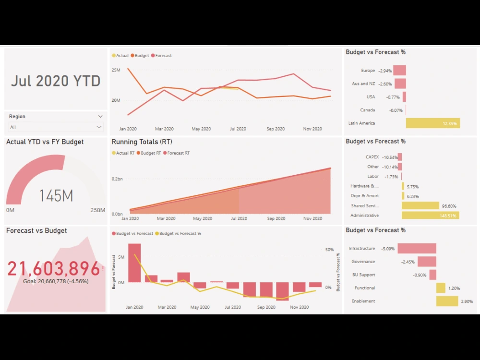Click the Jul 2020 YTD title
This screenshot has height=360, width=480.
(x=56, y=81)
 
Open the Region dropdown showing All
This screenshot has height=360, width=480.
(x=56, y=127)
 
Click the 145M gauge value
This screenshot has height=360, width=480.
(x=56, y=196)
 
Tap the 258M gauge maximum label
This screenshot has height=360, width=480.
(x=98, y=210)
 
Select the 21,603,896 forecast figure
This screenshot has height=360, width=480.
(x=54, y=269)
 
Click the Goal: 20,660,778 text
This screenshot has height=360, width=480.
(x=56, y=281)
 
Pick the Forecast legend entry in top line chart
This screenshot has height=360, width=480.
(x=161, y=56)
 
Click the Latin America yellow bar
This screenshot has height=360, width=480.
(x=432, y=123)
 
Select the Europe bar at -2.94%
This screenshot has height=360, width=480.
(x=399, y=71)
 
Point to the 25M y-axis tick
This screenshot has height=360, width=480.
(x=116, y=70)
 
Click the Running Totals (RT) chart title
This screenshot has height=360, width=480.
(x=142, y=142)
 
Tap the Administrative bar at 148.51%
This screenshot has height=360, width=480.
(x=430, y=216)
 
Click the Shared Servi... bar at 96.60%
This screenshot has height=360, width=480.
(x=420, y=206)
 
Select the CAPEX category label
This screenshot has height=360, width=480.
(x=372, y=157)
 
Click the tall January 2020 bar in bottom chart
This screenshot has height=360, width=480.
(x=134, y=263)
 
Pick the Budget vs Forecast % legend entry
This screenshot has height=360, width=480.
(x=180, y=234)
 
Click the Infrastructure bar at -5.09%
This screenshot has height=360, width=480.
(x=416, y=249)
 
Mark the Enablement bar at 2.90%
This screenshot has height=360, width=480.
(x=447, y=301)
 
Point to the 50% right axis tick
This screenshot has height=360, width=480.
(x=329, y=250)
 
